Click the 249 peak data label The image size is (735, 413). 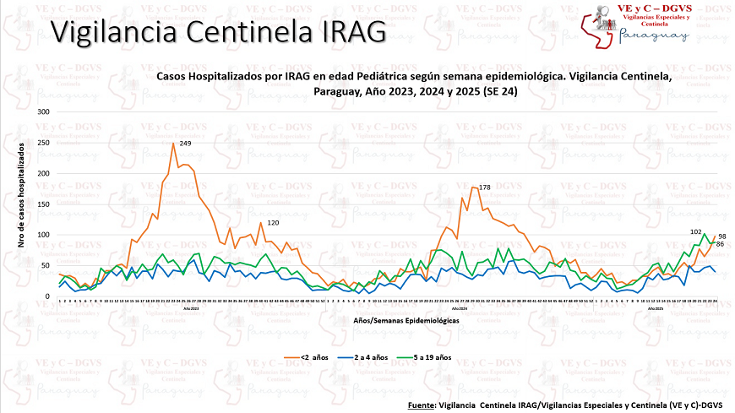185,144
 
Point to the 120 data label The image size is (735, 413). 273,223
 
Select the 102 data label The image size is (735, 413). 697,231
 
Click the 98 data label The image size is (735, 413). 721,236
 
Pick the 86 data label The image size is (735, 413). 721,244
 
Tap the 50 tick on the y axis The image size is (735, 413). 46,266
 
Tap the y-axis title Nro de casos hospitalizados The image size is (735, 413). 20,205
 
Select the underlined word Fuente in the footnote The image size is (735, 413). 421,405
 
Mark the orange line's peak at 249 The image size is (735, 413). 173,144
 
